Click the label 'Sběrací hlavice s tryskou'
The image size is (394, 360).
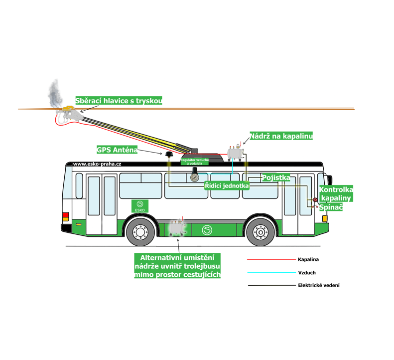pyautogui.click(x=119, y=101)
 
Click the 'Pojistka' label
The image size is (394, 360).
pyautogui.click(x=276, y=178)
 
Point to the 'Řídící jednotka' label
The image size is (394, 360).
pyautogui.click(x=227, y=185)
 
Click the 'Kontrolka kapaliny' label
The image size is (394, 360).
pyautogui.click(x=336, y=194)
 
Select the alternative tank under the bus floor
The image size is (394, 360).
pyautogui.click(x=177, y=228)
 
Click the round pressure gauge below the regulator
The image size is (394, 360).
pyautogui.click(x=194, y=176)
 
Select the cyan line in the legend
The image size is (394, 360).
pyautogui.click(x=271, y=273)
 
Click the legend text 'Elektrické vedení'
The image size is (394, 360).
pyautogui.click(x=319, y=286)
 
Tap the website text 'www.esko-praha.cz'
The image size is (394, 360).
pyautogui.click(x=97, y=164)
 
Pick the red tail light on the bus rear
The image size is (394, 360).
pyautogui.click(x=65, y=216)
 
